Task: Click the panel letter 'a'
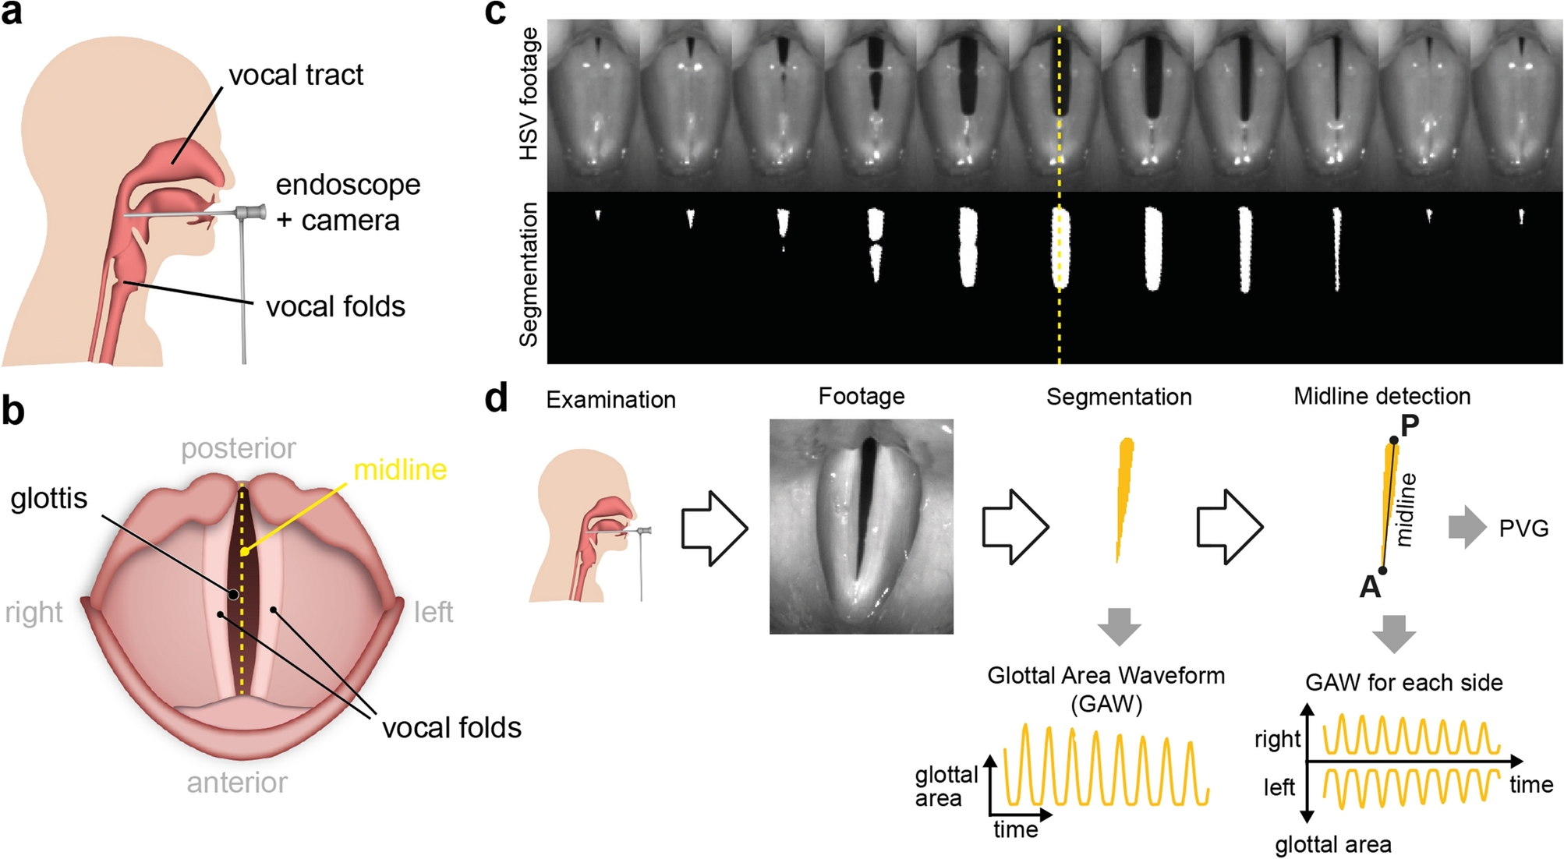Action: [x=12, y=13]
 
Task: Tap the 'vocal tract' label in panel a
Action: [x=295, y=75]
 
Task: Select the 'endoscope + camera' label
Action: [x=348, y=203]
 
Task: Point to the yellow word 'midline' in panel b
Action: [x=400, y=469]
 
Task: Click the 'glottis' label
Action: [x=48, y=498]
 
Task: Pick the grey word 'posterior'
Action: [x=239, y=448]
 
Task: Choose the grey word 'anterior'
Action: [x=237, y=782]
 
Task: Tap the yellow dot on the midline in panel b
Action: [x=244, y=552]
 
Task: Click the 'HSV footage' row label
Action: [x=529, y=94]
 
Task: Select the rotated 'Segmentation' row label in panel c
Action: [x=529, y=274]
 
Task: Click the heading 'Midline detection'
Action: [x=1382, y=396]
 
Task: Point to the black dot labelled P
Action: [x=1394, y=440]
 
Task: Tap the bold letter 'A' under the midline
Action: [x=1370, y=586]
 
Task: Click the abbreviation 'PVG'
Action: [x=1523, y=528]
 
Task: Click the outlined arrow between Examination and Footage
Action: [x=714, y=527]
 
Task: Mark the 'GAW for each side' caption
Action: [x=1403, y=683]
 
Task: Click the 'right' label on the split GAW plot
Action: [x=1277, y=738]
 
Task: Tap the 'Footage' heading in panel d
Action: [x=862, y=396]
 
